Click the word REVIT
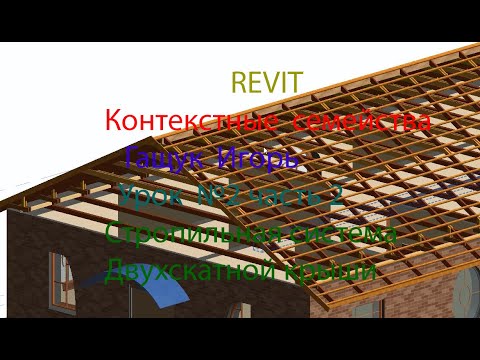coord(266,83)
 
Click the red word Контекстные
coord(191,122)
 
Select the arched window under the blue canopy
coord(63,280)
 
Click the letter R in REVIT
coord(239,83)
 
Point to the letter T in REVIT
coord(296,83)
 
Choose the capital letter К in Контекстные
coord(114,122)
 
